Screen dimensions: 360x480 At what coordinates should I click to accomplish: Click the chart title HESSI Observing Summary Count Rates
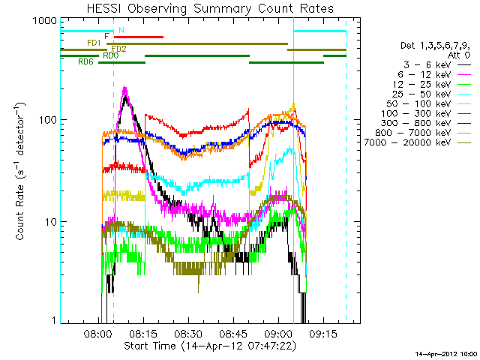coord(209,8)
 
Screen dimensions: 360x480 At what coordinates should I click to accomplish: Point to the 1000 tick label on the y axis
coord(44,22)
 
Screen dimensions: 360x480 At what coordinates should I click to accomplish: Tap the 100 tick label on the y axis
coord(47,120)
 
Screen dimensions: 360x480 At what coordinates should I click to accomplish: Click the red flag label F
coord(107,36)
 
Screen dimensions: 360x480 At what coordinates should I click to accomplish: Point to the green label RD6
coord(85,62)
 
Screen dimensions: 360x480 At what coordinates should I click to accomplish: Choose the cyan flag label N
coord(121,30)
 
